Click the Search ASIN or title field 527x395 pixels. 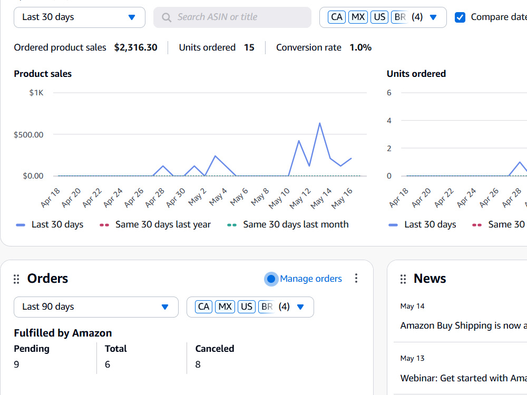point(232,17)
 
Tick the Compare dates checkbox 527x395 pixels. point(460,17)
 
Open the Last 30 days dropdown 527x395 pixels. point(80,17)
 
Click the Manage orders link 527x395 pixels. point(310,279)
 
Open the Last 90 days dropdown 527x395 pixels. point(96,307)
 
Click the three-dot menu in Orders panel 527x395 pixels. point(356,278)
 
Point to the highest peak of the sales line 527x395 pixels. point(320,123)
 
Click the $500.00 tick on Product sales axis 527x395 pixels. point(28,135)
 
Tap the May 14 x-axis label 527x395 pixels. point(321,198)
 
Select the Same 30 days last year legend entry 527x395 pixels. point(155,224)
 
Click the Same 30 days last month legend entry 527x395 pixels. point(288,224)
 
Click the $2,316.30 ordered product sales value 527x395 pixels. point(136,47)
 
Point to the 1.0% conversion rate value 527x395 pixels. point(360,47)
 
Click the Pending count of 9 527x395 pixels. point(16,364)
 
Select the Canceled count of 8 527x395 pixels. point(198,364)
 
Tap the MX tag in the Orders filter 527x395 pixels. point(225,307)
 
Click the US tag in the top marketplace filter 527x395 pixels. point(379,17)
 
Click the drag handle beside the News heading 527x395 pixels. point(403,279)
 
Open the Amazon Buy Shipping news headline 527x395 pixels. point(463,325)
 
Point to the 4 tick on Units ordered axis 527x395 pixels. point(389,120)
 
